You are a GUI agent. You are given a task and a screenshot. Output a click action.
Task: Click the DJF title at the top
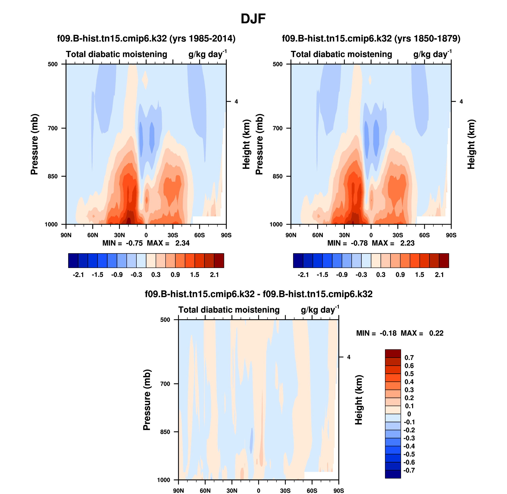(x=253, y=19)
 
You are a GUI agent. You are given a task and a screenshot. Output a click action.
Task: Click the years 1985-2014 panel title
(x=146, y=39)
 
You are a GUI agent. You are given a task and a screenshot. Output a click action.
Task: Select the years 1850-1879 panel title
(x=371, y=39)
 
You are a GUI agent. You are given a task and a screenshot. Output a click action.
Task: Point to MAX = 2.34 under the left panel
(x=168, y=243)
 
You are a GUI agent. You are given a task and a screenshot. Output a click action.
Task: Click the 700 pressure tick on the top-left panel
(x=53, y=128)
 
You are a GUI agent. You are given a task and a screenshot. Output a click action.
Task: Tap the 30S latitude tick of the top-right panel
(x=398, y=235)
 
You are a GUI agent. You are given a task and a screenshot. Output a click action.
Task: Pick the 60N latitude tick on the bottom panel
(x=205, y=491)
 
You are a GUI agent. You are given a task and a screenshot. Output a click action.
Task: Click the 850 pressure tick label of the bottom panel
(x=165, y=432)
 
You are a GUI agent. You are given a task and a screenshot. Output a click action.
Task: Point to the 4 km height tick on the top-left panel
(x=236, y=102)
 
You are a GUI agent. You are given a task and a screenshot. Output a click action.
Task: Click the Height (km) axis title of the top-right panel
(x=471, y=144)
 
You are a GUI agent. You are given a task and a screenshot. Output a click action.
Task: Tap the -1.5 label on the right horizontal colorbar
(x=322, y=275)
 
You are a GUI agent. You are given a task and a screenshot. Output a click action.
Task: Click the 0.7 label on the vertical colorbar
(x=409, y=357)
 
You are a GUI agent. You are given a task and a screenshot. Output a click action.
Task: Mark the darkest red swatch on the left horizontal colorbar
(x=219, y=260)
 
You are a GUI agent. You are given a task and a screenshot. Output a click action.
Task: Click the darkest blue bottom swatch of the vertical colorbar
(x=393, y=474)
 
